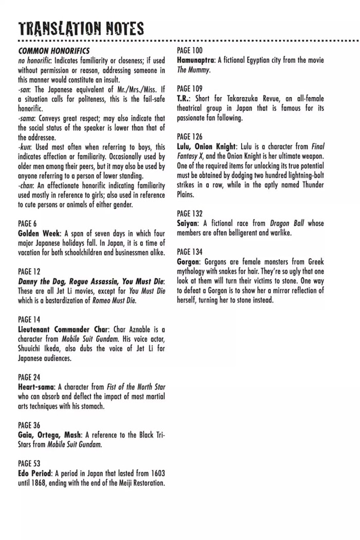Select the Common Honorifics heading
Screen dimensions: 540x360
point(53,51)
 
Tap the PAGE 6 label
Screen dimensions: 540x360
point(27,224)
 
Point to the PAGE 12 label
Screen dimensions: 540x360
point(29,272)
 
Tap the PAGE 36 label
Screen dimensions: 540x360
point(29,425)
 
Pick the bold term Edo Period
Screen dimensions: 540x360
point(34,474)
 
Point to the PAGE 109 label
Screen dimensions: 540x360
point(190,89)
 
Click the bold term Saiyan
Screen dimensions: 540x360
point(187,223)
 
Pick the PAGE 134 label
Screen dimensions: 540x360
point(190,252)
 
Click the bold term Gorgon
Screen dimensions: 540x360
point(188,262)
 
